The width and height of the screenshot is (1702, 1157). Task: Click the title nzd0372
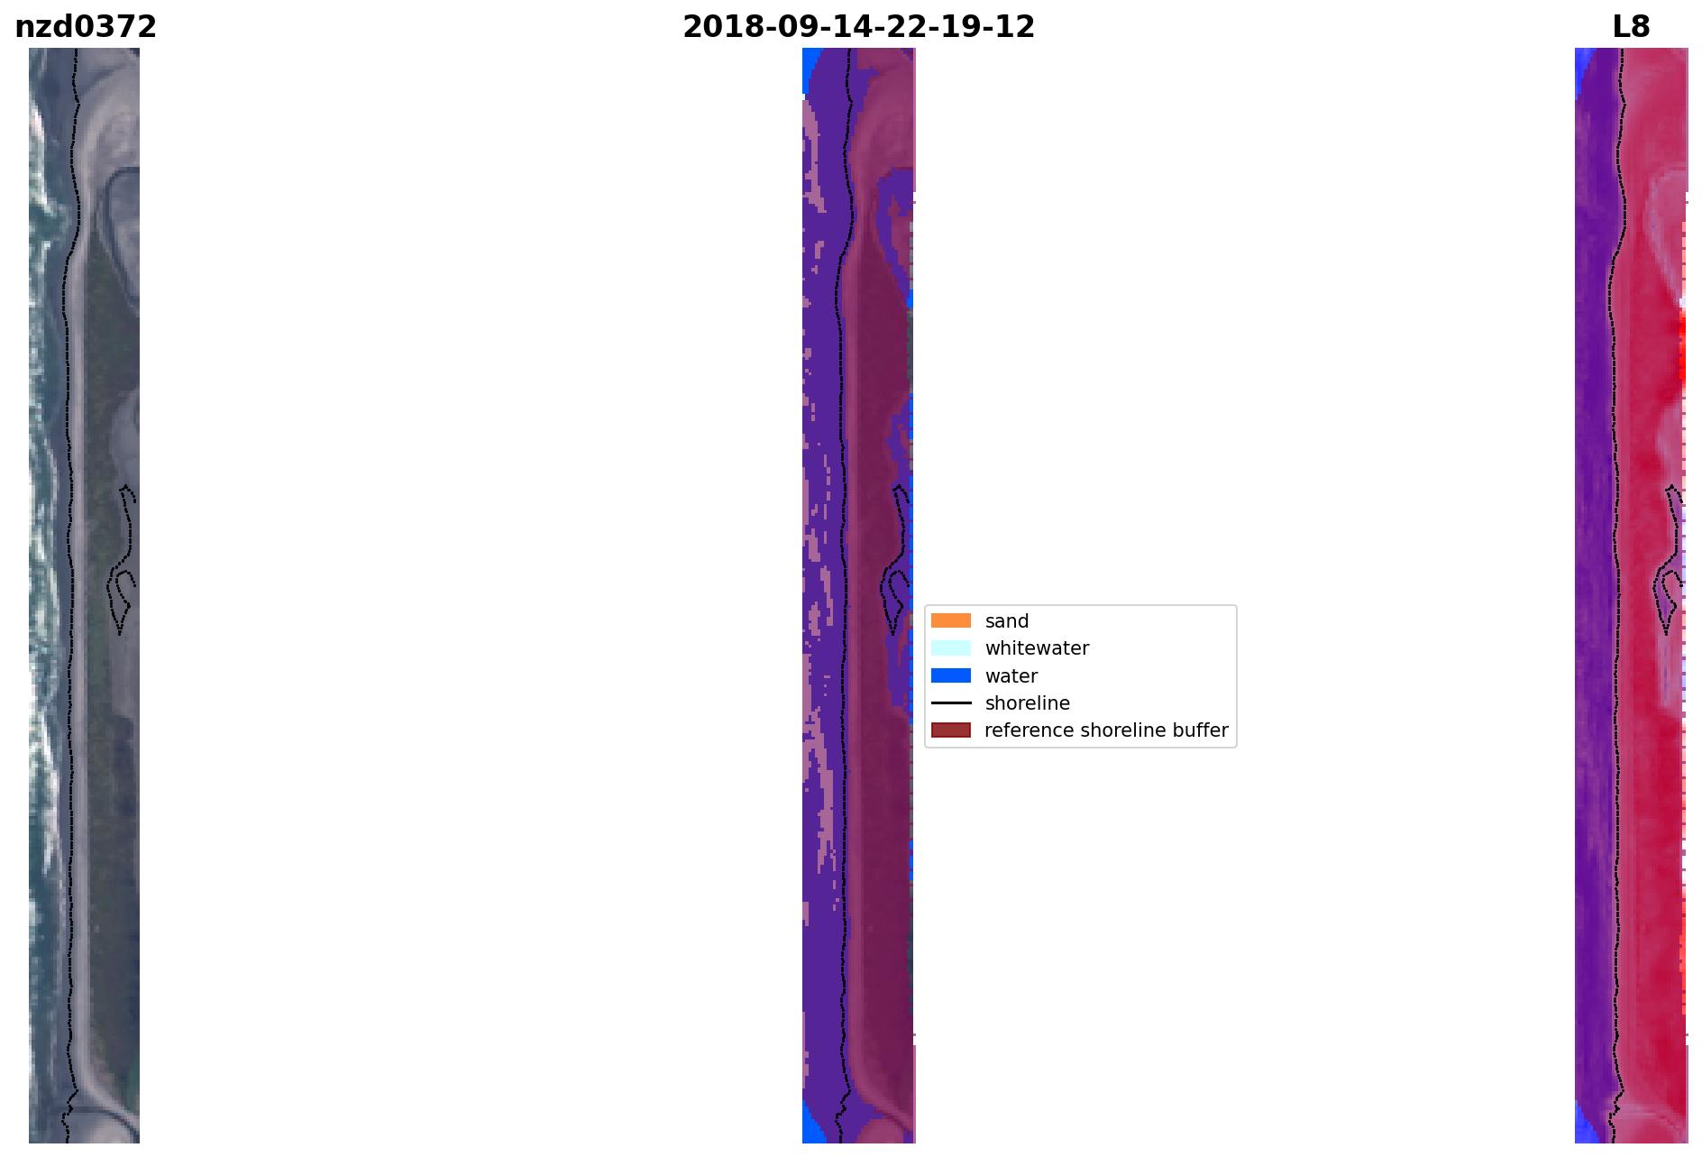coord(86,27)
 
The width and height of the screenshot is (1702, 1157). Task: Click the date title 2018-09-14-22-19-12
coord(858,27)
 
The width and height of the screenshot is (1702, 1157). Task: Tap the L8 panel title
coord(1631,27)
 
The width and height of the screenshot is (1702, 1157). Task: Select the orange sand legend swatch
coord(951,620)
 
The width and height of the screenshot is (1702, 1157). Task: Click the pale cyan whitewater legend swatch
coord(951,647)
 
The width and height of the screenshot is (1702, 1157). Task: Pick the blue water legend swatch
coord(951,675)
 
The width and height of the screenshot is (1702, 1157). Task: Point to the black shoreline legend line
coord(951,702)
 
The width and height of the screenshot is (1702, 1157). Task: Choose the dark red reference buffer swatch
coord(951,730)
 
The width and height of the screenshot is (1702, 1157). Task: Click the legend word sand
coord(1007,621)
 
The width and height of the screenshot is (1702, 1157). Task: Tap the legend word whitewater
coord(1037,648)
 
